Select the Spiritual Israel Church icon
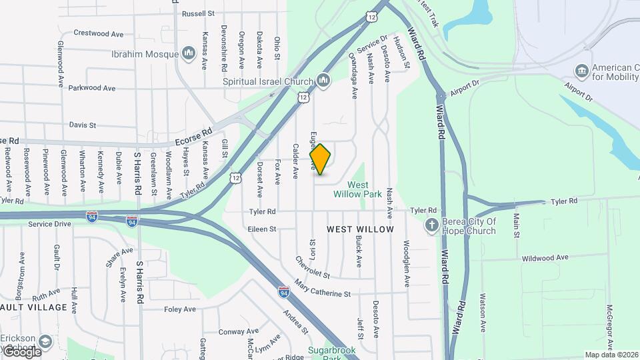click(x=323, y=81)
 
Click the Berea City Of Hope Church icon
click(x=432, y=225)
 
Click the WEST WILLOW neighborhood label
click(x=360, y=229)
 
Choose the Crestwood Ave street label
click(x=99, y=33)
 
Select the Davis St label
click(x=83, y=125)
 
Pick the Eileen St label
click(x=262, y=229)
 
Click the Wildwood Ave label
click(x=545, y=257)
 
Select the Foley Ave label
click(x=180, y=309)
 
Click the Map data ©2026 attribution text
click(x=611, y=355)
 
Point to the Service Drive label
click(x=49, y=224)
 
